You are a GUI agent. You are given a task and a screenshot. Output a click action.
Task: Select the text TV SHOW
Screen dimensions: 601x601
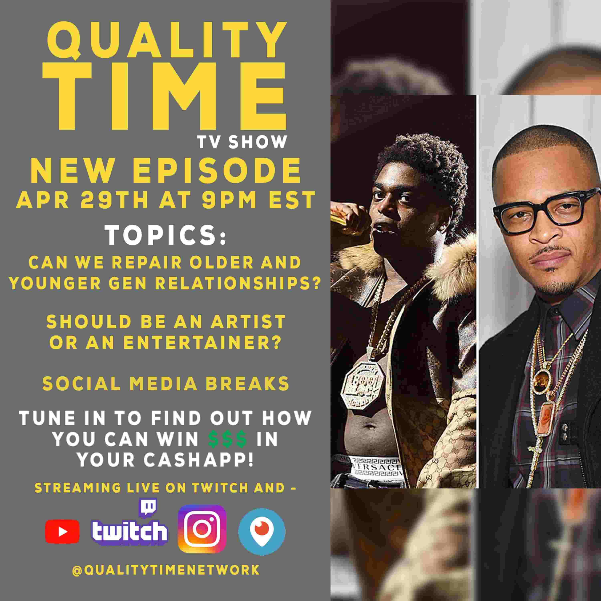pos(242,142)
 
